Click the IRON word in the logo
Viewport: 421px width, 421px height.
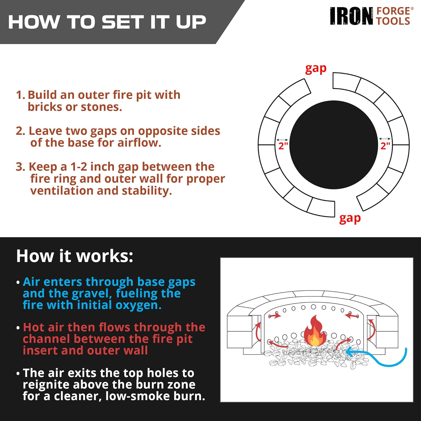click(351, 16)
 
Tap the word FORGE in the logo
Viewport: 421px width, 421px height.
click(393, 11)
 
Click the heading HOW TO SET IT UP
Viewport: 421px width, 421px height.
click(107, 22)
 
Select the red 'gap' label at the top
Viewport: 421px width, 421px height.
click(316, 69)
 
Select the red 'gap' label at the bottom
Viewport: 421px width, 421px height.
click(350, 218)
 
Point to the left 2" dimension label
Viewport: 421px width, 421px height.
click(283, 146)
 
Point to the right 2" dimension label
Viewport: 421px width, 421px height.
click(385, 146)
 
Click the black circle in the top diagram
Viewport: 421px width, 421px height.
click(334, 145)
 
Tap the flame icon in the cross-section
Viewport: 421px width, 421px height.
click(315, 331)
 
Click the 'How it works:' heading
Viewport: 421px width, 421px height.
click(75, 256)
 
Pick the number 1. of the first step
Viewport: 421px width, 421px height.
click(20, 95)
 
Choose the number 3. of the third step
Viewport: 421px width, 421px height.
click(20, 167)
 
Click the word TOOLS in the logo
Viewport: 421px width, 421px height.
click(393, 21)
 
